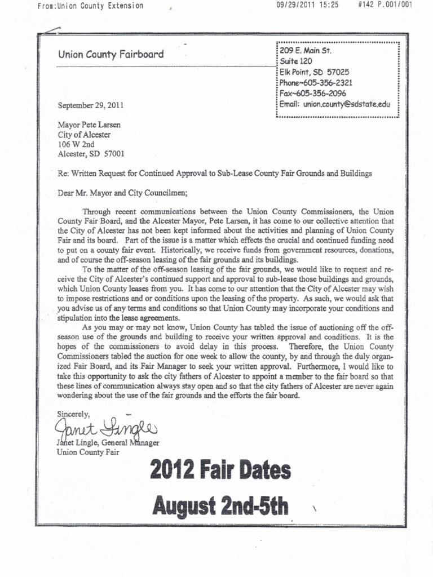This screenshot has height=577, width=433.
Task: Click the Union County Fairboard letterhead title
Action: [111, 55]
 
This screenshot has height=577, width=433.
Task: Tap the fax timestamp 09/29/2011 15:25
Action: [306, 6]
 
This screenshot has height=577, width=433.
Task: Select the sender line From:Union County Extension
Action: [90, 6]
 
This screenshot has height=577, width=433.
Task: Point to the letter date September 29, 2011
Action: [90, 105]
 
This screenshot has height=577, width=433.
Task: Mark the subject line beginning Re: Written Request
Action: [215, 173]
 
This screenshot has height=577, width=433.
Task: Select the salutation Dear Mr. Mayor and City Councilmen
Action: [122, 192]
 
